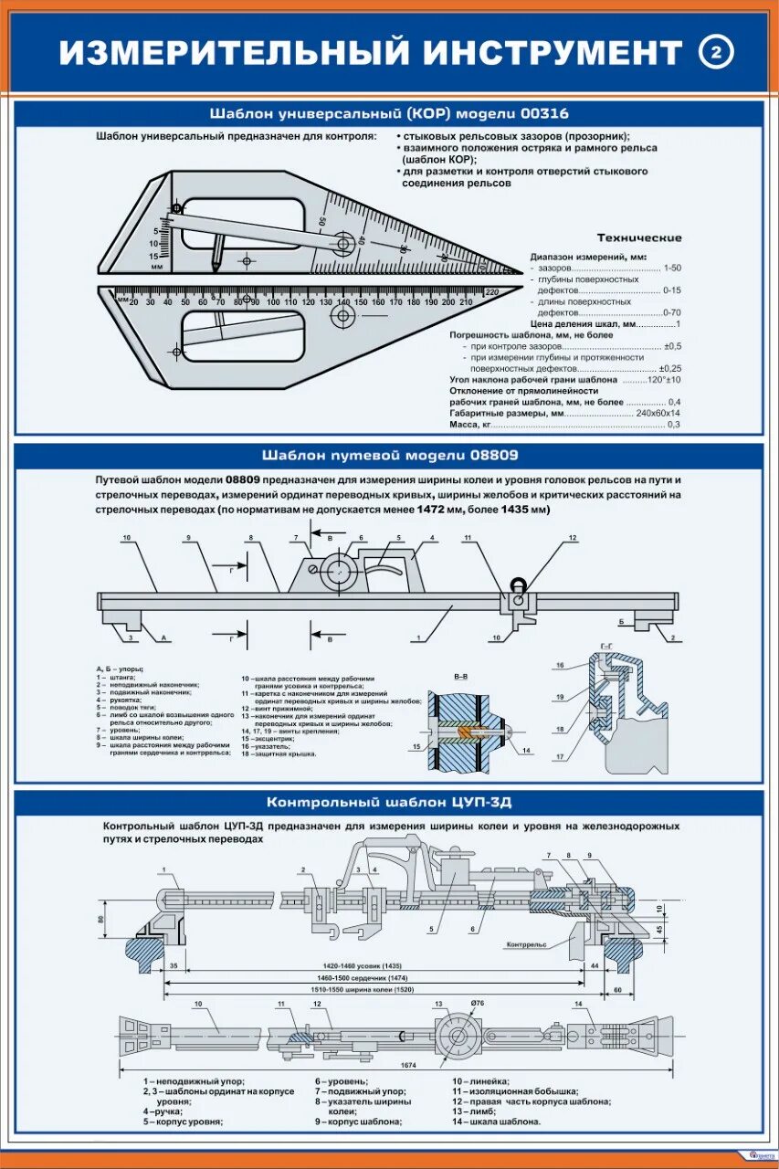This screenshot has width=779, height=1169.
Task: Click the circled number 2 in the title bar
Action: tap(716, 53)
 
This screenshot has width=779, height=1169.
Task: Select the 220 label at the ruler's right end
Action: tap(492, 291)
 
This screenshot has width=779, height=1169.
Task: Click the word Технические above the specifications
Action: tap(638, 238)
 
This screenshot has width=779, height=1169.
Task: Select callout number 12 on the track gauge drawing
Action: tap(573, 538)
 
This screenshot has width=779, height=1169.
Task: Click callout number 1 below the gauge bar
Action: tap(417, 637)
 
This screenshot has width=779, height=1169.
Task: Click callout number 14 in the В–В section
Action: tap(528, 750)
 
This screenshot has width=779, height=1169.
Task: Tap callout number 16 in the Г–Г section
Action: tap(561, 665)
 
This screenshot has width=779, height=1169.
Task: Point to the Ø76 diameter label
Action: tap(477, 1004)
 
